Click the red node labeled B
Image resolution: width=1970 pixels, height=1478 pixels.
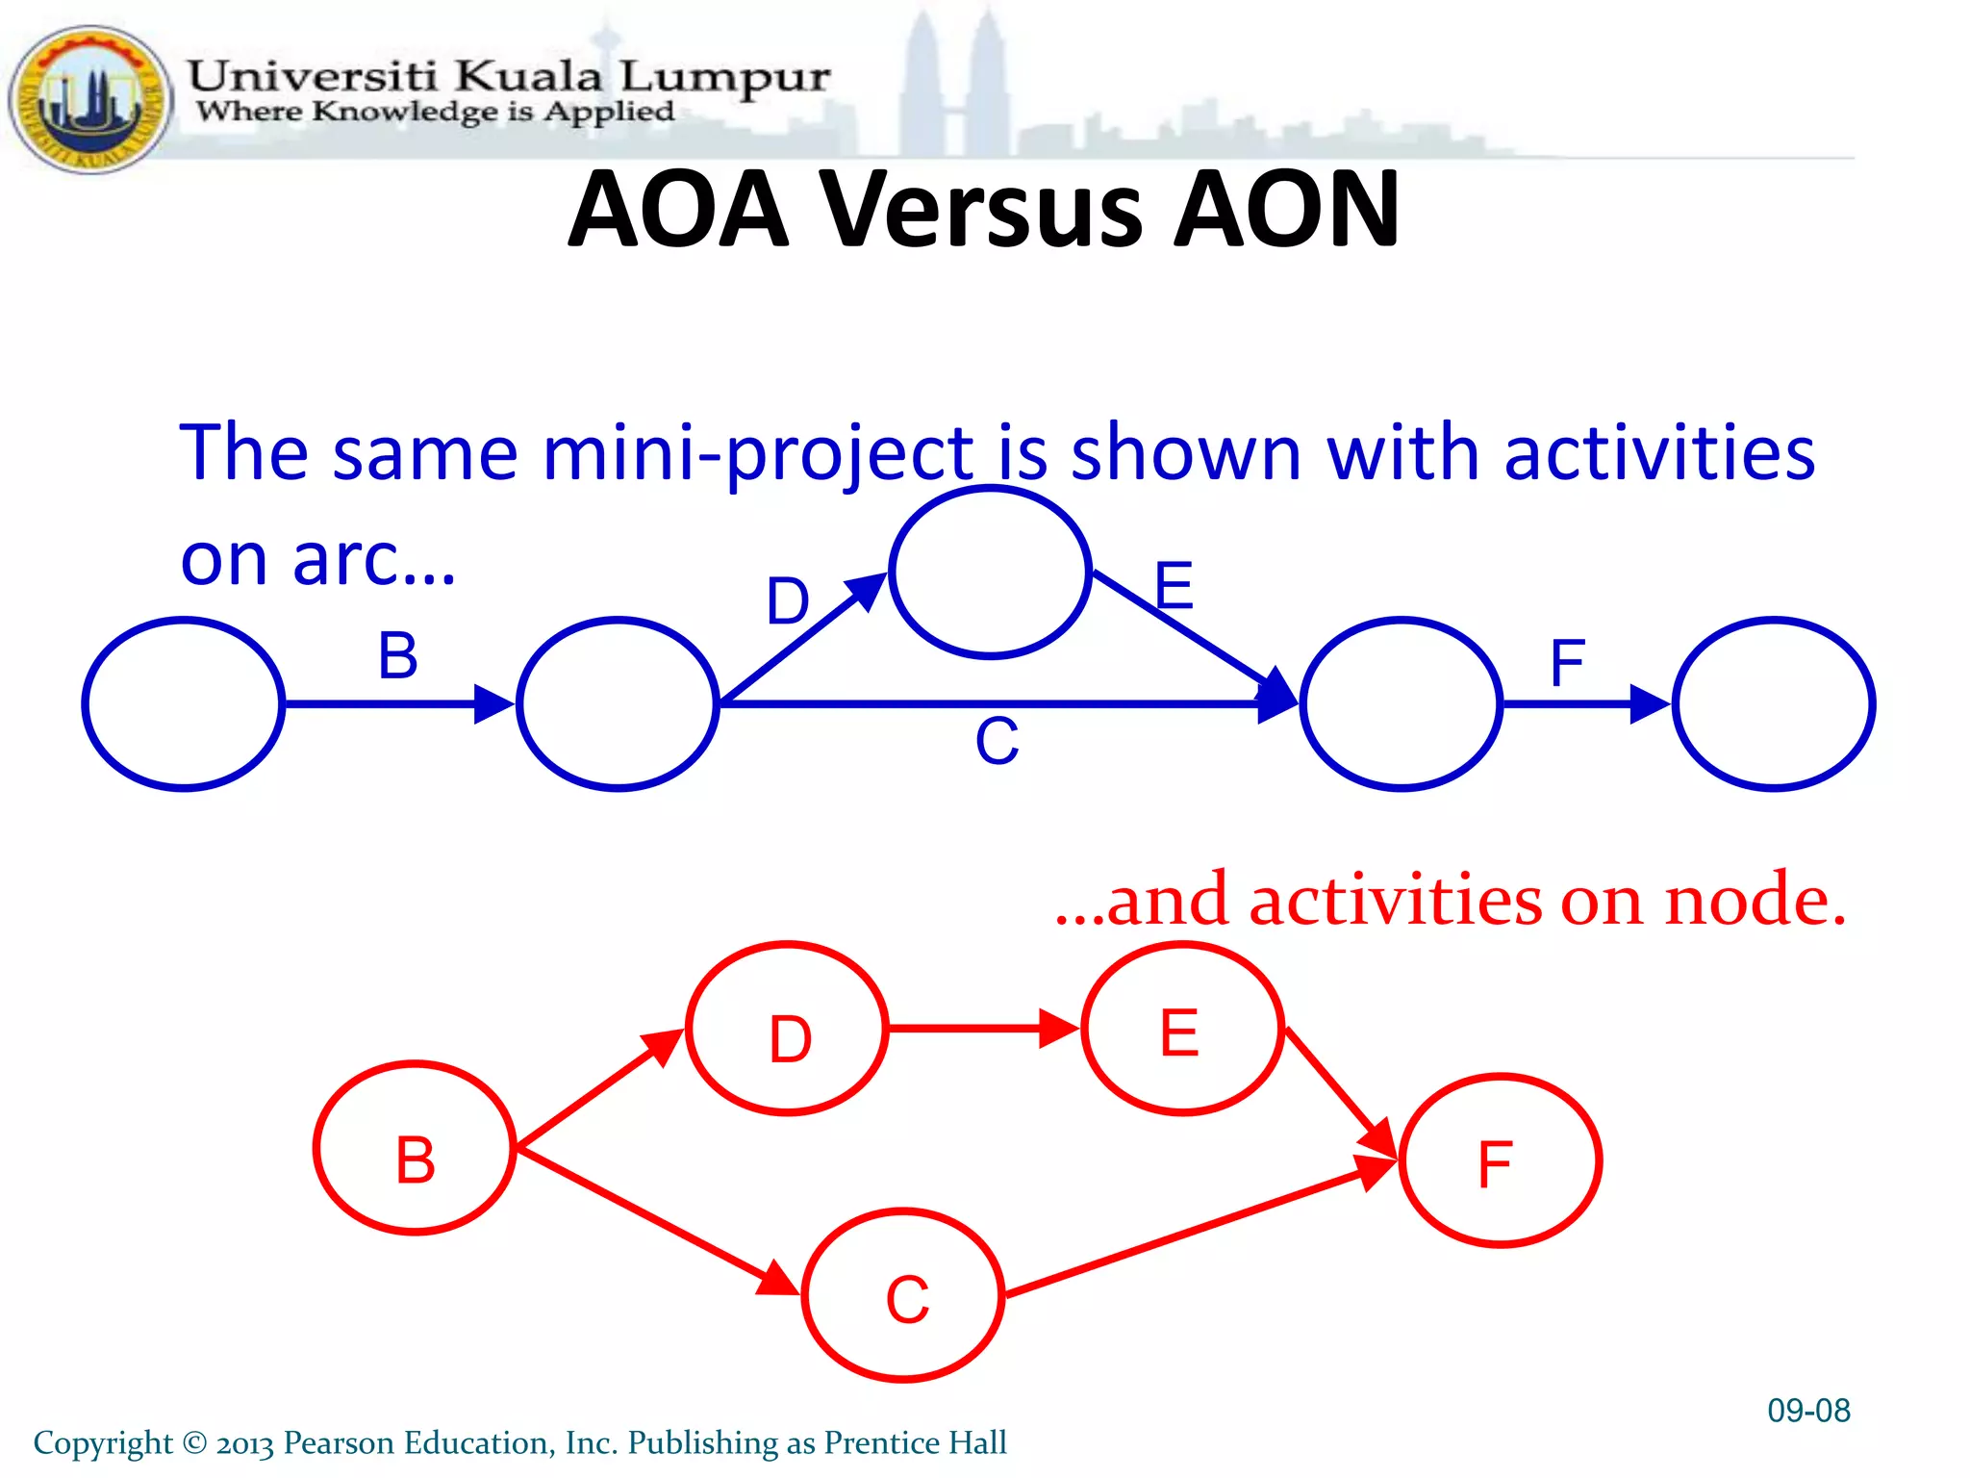pos(415,1148)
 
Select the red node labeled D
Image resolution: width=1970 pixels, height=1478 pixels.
pos(788,1029)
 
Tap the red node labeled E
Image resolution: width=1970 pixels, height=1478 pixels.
pos(1182,1029)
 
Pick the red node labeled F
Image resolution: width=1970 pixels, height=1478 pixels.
pos(1500,1160)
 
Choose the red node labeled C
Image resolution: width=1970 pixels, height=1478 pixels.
pos(903,1295)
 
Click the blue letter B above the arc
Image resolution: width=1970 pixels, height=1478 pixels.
pos(397,655)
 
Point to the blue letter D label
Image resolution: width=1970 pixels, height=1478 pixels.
pos(788,601)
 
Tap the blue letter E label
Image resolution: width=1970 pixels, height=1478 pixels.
pos(1174,584)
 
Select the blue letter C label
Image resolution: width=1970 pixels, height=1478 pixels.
pos(997,741)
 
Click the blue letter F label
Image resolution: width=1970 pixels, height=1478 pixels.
pos(1567,662)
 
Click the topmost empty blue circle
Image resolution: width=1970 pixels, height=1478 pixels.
pos(990,573)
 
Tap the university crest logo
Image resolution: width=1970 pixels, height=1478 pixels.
pos(91,99)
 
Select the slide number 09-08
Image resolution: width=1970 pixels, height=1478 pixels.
pos(1808,1411)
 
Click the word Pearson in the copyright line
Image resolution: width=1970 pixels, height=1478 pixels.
pos(339,1442)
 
